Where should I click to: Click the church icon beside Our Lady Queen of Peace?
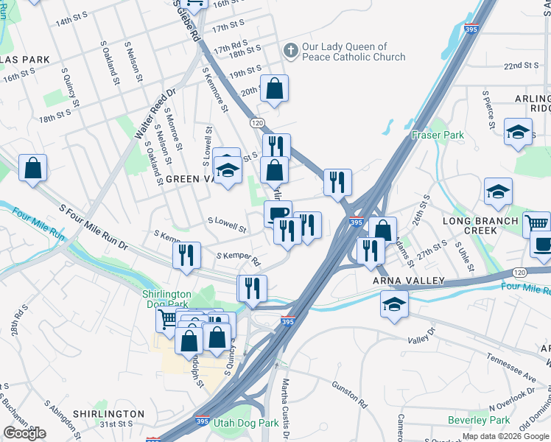[291, 51]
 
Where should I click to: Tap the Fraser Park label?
[438, 135]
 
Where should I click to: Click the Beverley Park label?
[479, 420]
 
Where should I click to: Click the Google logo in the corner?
[24, 433]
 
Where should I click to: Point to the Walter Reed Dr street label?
[155, 115]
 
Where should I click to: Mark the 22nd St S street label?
[524, 66]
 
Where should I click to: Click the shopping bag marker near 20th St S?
[274, 89]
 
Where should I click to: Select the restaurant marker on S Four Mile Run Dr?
[187, 255]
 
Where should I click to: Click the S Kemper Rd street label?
[238, 259]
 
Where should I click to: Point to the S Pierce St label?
[488, 109]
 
